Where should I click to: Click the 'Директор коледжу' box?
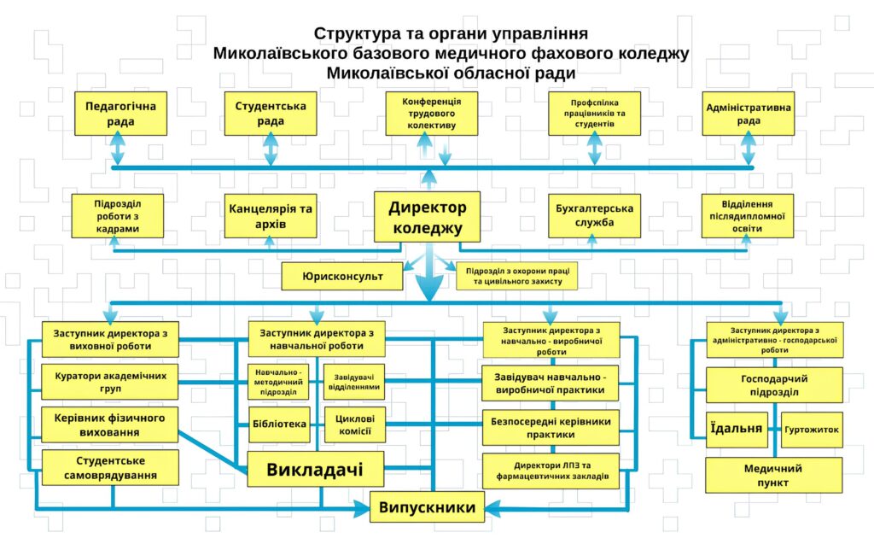point(427,217)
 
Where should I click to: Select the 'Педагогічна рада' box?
point(120,114)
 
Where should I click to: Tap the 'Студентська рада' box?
point(270,114)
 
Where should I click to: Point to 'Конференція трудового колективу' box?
point(431,114)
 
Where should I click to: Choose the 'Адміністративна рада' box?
point(748,114)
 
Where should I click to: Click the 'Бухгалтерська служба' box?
point(594,217)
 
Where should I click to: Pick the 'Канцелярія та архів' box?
point(270,217)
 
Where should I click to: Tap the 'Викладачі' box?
point(315,469)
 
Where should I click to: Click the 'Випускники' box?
point(428,507)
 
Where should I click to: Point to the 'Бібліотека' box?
point(279,424)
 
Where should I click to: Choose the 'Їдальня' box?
point(736,429)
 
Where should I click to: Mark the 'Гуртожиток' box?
point(812,429)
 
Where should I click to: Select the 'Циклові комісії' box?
point(354,424)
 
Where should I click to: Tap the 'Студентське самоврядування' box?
point(110,468)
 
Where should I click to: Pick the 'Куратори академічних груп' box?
point(110,382)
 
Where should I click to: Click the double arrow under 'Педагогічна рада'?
point(118,151)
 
